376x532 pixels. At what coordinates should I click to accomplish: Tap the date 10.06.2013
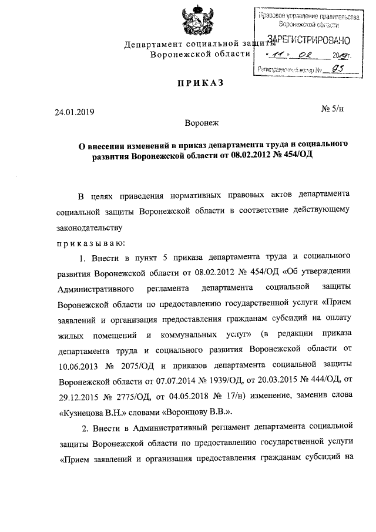[x=78, y=365]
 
